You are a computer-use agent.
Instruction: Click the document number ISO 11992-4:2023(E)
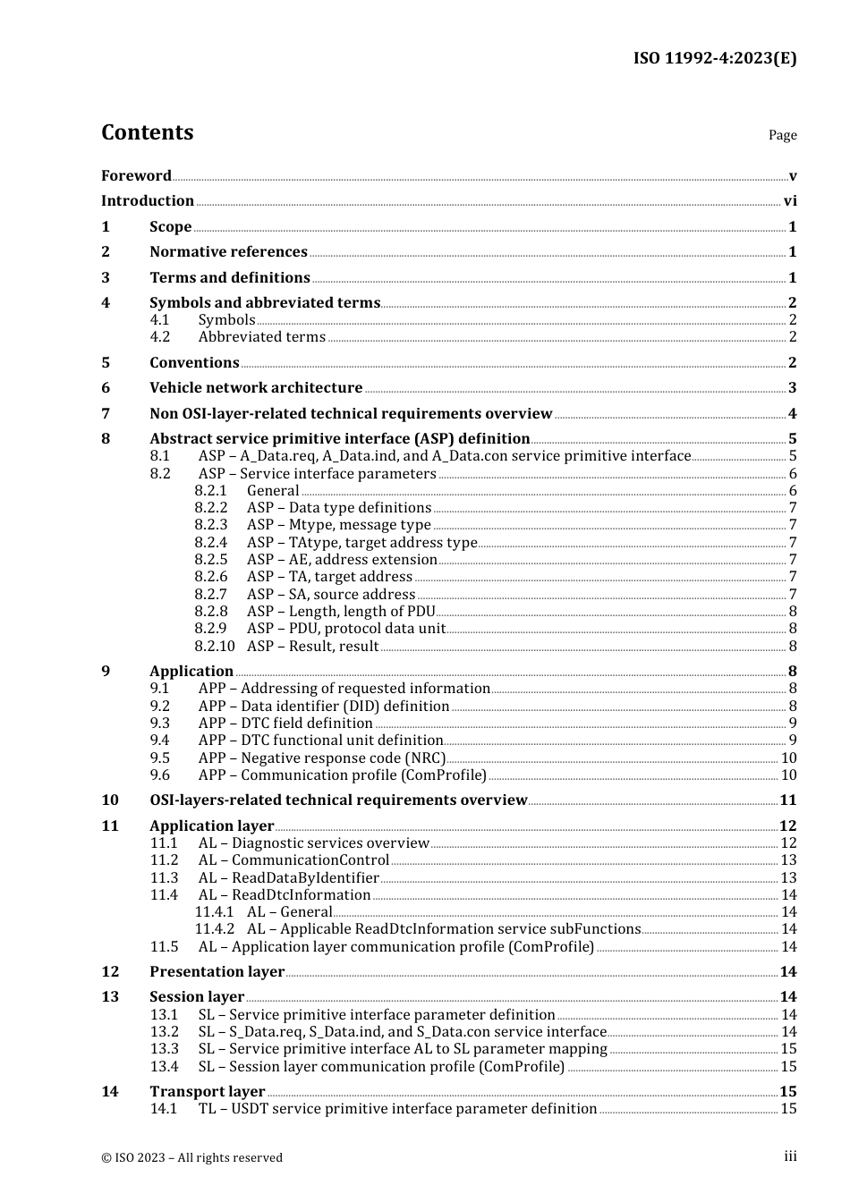pyautogui.click(x=714, y=58)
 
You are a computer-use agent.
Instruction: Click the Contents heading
pyautogui.click(x=147, y=132)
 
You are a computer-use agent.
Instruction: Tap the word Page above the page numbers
pyautogui.click(x=782, y=135)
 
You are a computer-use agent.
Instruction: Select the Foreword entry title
pyautogui.click(x=136, y=176)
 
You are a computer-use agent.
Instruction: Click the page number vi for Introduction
pyautogui.click(x=790, y=201)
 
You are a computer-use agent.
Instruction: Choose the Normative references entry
pyautogui.click(x=228, y=252)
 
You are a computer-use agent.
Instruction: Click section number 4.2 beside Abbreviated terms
pyautogui.click(x=160, y=337)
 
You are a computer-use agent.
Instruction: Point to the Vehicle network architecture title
pyautogui.click(x=256, y=388)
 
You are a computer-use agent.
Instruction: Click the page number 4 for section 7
pyautogui.click(x=792, y=414)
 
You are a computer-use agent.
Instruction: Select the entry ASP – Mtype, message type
pyautogui.click(x=338, y=525)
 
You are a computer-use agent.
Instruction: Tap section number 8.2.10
pyautogui.click(x=215, y=646)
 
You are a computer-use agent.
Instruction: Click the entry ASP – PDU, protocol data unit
pyautogui.click(x=345, y=629)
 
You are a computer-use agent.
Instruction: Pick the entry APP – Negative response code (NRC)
pyautogui.click(x=322, y=758)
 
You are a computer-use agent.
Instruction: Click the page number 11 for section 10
pyautogui.click(x=788, y=800)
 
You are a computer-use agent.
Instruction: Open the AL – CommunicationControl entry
pyautogui.click(x=293, y=860)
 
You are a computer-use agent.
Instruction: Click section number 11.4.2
pyautogui.click(x=215, y=929)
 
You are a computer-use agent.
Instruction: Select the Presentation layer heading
pyautogui.click(x=217, y=972)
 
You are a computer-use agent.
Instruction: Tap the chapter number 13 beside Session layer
pyautogui.click(x=110, y=997)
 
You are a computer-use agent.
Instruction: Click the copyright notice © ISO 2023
pyautogui.click(x=191, y=1157)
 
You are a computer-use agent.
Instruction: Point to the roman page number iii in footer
pyautogui.click(x=790, y=1156)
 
